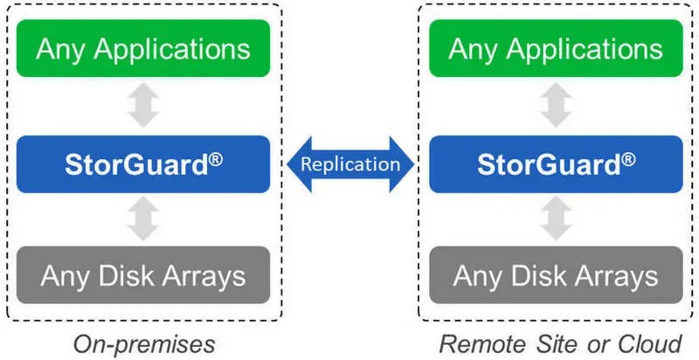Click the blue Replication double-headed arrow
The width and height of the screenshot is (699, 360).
(350, 164)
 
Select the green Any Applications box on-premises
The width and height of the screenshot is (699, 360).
(143, 48)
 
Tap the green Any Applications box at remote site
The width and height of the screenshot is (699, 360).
(556, 48)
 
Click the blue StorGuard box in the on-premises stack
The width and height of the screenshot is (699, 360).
(143, 164)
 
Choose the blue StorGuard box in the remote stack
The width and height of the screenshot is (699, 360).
(556, 164)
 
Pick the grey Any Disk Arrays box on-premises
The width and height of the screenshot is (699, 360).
(143, 275)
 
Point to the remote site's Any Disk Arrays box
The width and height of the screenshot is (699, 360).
(556, 275)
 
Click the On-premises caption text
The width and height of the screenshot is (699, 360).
(144, 344)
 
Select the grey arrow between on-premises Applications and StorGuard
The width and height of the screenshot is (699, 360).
(143, 105)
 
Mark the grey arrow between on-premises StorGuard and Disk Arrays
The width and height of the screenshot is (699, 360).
(143, 218)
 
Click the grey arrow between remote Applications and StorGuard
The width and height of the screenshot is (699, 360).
(557, 105)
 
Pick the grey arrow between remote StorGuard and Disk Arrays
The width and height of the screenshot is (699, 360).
(557, 218)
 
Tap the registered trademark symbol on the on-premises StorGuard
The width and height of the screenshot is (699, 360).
(215, 160)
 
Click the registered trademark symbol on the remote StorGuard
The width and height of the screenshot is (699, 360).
(628, 160)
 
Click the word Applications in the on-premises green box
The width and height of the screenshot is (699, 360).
(171, 50)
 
